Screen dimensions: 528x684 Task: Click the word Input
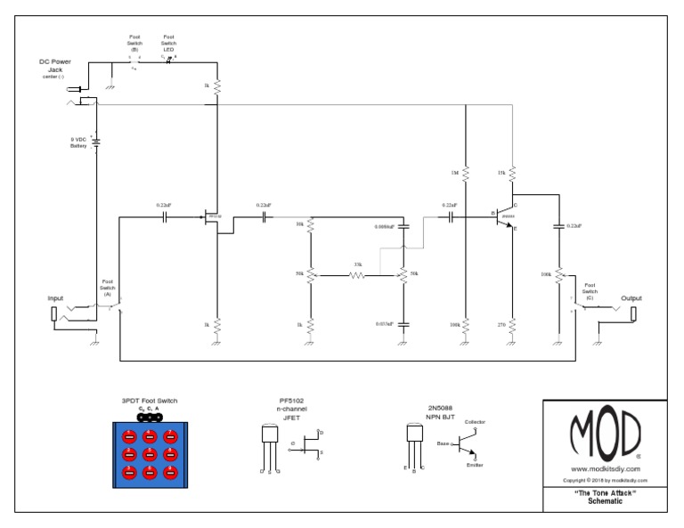point(55,298)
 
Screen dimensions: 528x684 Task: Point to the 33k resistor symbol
point(356,276)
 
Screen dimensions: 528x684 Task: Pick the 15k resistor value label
point(501,171)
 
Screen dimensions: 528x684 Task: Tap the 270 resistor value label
point(501,327)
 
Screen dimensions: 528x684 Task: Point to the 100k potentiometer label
point(545,274)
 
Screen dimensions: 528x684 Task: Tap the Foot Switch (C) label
point(590,288)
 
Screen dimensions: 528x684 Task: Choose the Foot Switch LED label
point(167,42)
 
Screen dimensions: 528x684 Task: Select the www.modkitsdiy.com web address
point(604,468)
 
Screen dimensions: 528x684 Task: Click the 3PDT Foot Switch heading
point(149,402)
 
